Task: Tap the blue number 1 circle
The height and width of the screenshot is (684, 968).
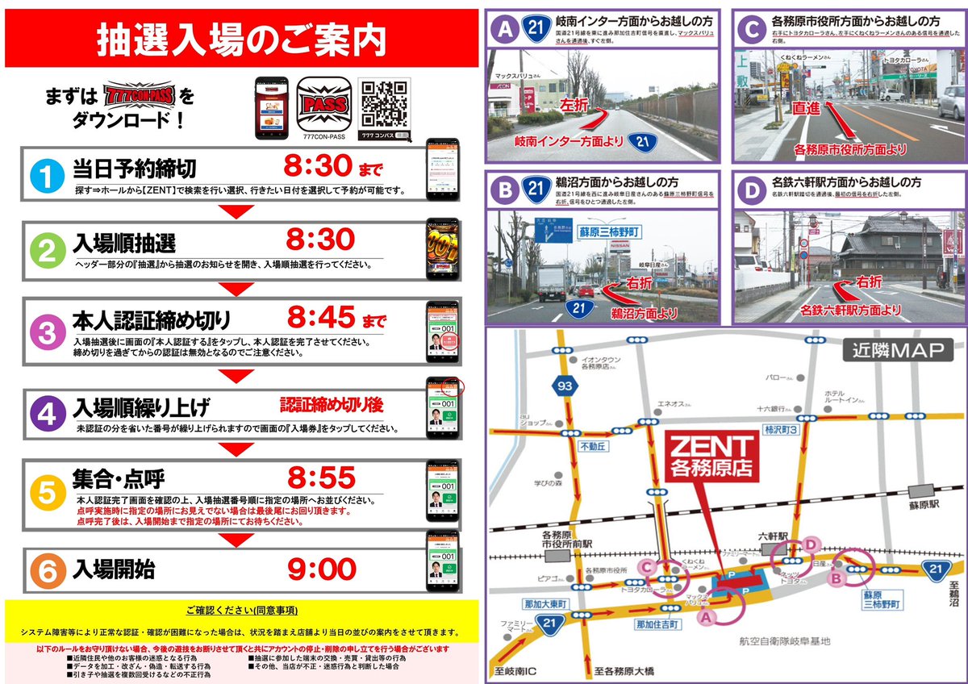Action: tap(48, 174)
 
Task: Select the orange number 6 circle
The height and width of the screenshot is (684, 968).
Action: tap(48, 570)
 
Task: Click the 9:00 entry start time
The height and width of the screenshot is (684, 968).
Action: tap(322, 569)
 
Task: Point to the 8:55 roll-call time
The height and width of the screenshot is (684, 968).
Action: tap(322, 478)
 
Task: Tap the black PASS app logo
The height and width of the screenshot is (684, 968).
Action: tap(323, 102)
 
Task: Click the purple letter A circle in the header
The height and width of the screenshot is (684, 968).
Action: tap(506, 30)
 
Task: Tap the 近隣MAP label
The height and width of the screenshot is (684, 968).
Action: tap(897, 351)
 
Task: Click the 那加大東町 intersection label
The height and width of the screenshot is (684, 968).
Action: tap(547, 603)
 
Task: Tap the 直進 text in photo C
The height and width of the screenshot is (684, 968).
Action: tap(809, 105)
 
